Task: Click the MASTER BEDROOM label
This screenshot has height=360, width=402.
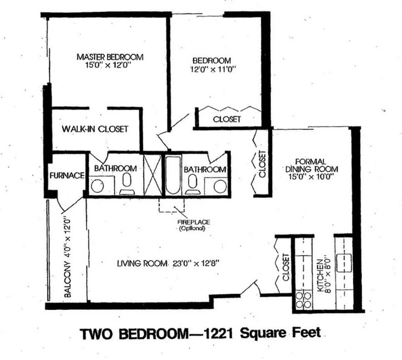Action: pos(109,57)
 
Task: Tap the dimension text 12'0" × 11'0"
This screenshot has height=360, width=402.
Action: pos(212,71)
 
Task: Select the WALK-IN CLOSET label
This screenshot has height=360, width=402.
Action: pos(95,129)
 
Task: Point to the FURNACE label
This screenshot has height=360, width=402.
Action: pos(67,176)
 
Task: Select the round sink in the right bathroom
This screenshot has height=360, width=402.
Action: pos(219,185)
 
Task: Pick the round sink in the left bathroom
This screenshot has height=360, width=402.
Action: pos(98,186)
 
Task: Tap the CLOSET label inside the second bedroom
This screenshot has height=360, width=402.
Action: pos(226,119)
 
